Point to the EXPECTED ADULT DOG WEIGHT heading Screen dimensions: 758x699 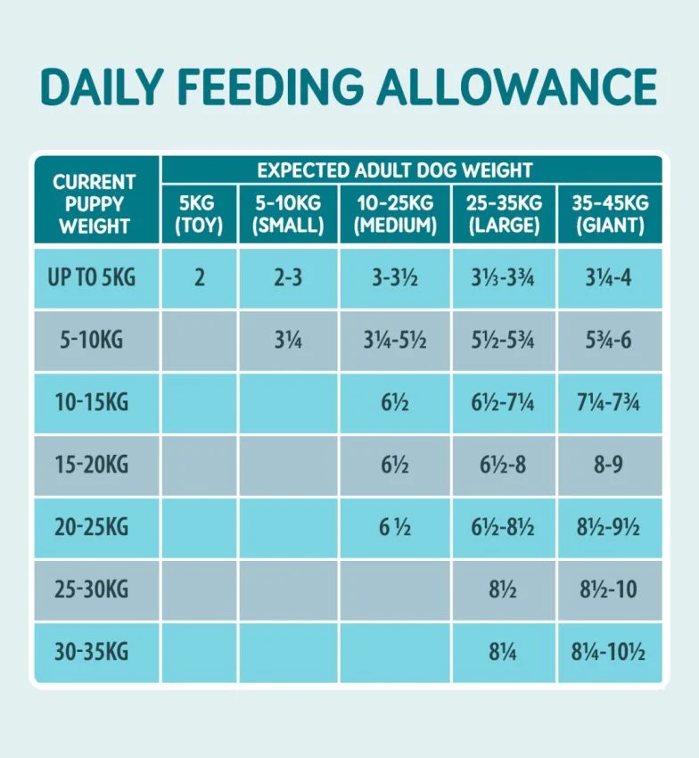[x=394, y=169]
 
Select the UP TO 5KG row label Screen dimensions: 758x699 [x=92, y=277]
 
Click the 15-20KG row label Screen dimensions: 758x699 [x=92, y=465]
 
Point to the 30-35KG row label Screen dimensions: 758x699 [x=92, y=652]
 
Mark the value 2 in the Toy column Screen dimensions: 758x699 [x=199, y=277]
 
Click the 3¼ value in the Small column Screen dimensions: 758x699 [x=289, y=340]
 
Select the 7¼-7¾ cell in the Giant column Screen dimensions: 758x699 [x=610, y=402]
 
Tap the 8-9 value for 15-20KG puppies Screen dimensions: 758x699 [x=610, y=465]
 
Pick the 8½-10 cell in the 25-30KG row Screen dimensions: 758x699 [x=610, y=589]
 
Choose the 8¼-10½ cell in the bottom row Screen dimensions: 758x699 [x=610, y=652]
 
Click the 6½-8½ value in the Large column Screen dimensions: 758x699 [x=504, y=527]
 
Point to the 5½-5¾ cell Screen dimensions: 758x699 [x=504, y=340]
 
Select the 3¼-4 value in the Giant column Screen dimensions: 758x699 [x=610, y=277]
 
